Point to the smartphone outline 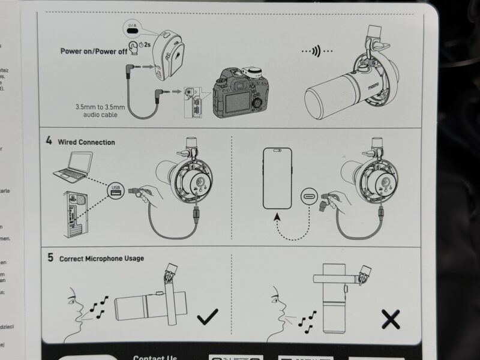click(x=277, y=178)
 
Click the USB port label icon click(x=116, y=190)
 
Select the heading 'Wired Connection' click(x=86, y=142)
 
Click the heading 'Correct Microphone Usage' click(x=101, y=259)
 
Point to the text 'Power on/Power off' click(x=94, y=51)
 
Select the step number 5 click(x=50, y=258)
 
